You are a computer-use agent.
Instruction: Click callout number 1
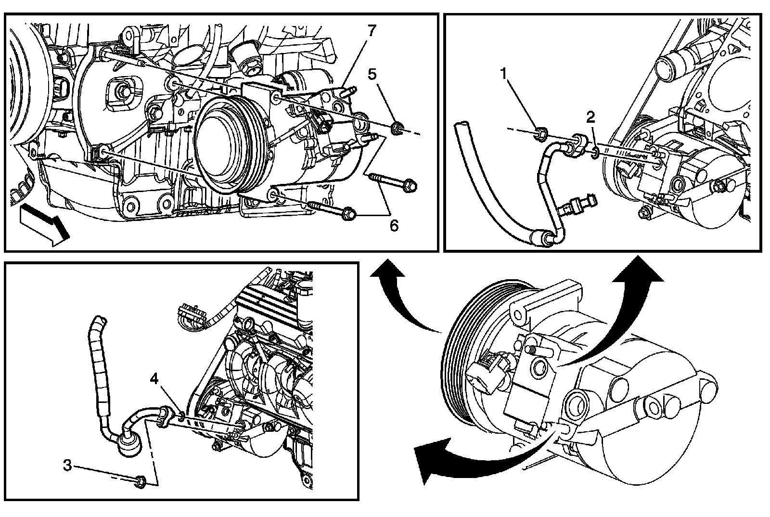click(x=504, y=74)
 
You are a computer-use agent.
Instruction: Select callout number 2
click(x=591, y=116)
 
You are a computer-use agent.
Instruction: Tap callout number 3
click(x=68, y=465)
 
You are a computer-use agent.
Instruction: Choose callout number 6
click(x=394, y=225)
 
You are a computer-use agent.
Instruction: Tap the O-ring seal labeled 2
click(x=595, y=154)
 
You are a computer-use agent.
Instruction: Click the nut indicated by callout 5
click(x=398, y=129)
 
